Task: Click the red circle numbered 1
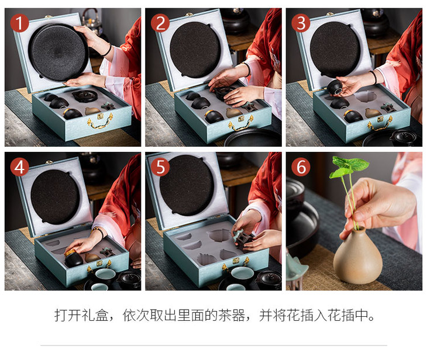[x=20, y=23]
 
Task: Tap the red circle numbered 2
[x=160, y=23]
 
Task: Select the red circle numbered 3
[x=301, y=23]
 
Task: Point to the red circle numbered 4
[x=20, y=167]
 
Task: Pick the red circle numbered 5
[x=160, y=167]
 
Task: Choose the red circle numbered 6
[x=301, y=167]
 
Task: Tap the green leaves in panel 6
[x=349, y=167]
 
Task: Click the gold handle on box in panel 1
[x=100, y=121]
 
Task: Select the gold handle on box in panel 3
[x=380, y=123]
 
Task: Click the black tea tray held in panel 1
[x=58, y=52]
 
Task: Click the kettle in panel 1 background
[x=92, y=20]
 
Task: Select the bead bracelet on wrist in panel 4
[x=99, y=232]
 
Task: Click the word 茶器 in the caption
[x=232, y=316]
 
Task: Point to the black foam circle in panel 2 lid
[x=195, y=50]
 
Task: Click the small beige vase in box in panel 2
[x=233, y=112]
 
